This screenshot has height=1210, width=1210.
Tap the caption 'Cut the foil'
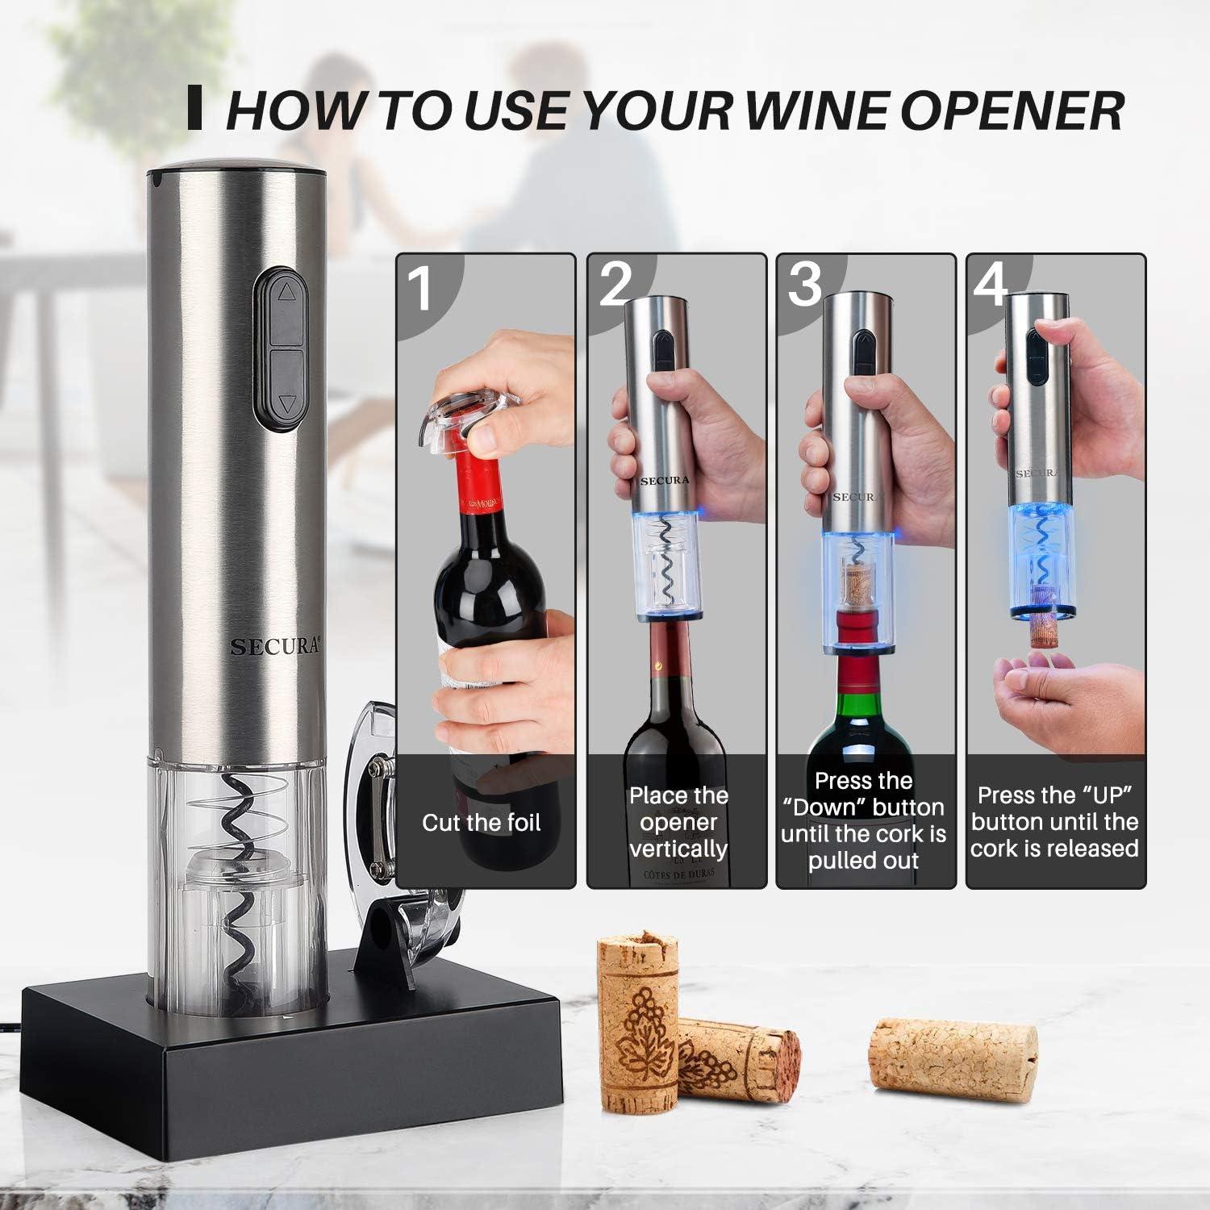(x=481, y=823)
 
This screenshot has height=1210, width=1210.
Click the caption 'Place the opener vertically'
(x=678, y=822)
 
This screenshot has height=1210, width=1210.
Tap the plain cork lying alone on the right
(x=952, y=1056)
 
